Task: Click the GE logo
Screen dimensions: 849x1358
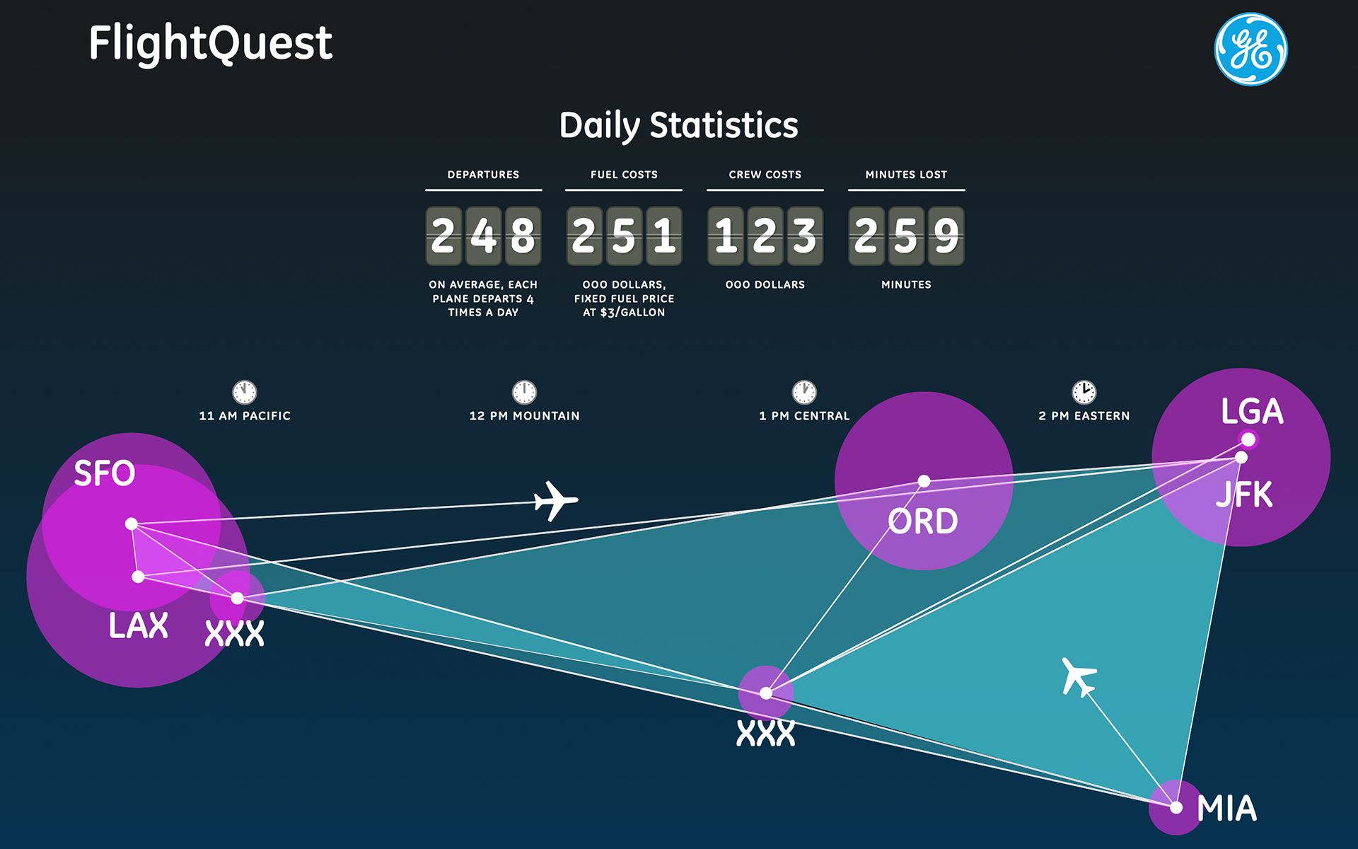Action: point(1250,50)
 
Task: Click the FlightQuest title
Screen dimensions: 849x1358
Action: point(210,44)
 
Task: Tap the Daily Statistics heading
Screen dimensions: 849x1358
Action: point(678,126)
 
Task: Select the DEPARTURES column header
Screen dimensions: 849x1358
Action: point(483,175)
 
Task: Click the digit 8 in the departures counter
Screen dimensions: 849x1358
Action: point(523,236)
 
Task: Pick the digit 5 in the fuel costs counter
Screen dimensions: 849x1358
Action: point(624,236)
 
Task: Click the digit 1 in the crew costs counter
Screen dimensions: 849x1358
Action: point(726,236)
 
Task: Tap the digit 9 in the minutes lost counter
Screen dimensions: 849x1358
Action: point(946,236)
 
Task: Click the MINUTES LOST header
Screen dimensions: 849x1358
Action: point(906,175)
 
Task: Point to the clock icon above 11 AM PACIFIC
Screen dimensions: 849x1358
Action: point(245,392)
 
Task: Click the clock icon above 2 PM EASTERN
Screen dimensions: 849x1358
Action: point(1084,392)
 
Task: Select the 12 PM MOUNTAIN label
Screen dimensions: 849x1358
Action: point(524,416)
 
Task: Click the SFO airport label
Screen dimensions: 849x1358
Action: point(105,473)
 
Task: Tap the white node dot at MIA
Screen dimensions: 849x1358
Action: point(1176,807)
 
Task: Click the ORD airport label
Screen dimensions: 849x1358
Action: point(923,522)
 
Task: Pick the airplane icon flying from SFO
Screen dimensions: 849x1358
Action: point(555,500)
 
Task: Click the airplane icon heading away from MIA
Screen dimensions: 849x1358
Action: point(1078,677)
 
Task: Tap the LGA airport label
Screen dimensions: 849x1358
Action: point(1252,412)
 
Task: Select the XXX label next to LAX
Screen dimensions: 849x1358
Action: point(234,633)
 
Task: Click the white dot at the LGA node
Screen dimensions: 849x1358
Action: point(1248,440)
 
